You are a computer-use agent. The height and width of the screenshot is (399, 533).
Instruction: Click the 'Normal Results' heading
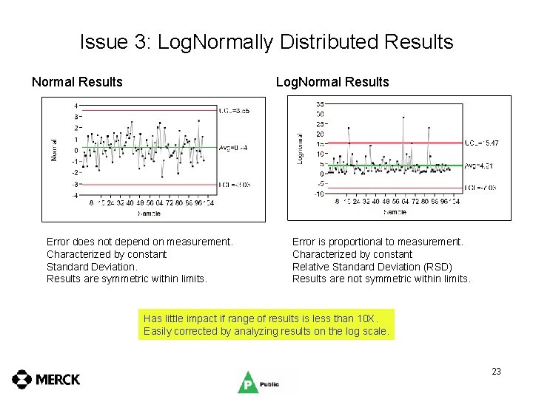coord(77,82)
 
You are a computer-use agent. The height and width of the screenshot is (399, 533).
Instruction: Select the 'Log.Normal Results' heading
coord(332,82)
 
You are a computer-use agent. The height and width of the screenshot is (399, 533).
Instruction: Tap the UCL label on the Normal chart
coord(234,110)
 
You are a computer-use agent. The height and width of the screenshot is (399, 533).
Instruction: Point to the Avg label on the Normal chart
coord(232,148)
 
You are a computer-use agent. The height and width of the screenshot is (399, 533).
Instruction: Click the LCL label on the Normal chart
coord(234,184)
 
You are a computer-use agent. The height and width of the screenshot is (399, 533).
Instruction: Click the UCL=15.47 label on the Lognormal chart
coord(481,143)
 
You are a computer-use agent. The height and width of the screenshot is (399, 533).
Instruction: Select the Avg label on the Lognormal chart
coord(479,166)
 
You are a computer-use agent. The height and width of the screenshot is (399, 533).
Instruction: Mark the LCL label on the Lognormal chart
coord(480,188)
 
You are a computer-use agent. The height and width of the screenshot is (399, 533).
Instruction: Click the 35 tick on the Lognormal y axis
coord(319,104)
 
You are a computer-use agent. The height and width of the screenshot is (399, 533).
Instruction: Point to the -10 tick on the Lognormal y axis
coord(318,194)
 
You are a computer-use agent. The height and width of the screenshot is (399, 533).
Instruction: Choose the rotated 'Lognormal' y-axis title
coord(300,149)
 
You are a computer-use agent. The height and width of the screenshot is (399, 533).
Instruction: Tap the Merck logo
coord(46,380)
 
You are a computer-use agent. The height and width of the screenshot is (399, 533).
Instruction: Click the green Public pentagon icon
coord(247,383)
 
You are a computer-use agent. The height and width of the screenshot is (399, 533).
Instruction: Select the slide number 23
coord(496,372)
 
